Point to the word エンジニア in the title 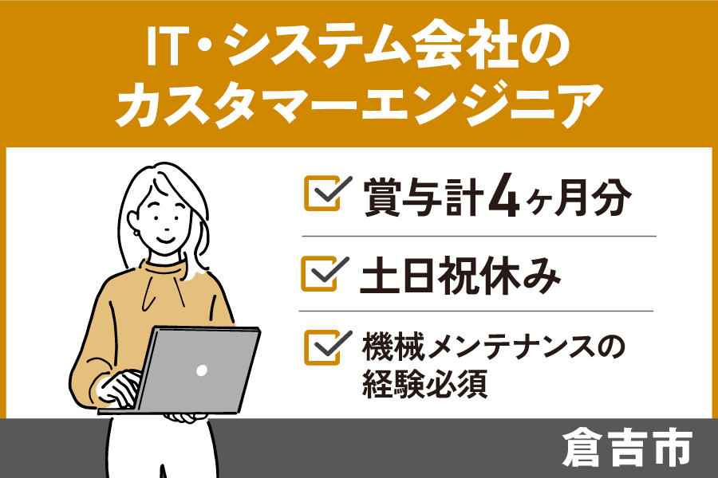tap(481, 104)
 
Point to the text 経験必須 tap(424, 384)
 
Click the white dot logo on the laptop tap(202, 370)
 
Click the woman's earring tap(136, 233)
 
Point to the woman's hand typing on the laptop tap(121, 388)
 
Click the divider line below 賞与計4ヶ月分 tap(479, 237)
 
